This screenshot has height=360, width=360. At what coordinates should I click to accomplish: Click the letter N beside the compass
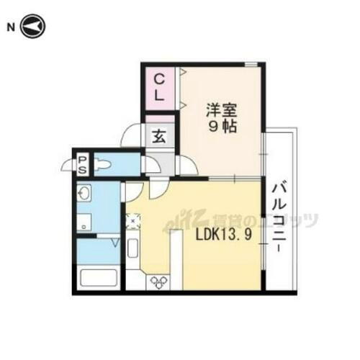tap(11, 27)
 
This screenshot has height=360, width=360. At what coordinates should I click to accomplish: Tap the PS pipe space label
tap(83, 164)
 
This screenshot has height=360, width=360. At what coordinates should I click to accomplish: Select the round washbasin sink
tap(84, 194)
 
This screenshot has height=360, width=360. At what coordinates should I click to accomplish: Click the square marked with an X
tap(133, 221)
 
